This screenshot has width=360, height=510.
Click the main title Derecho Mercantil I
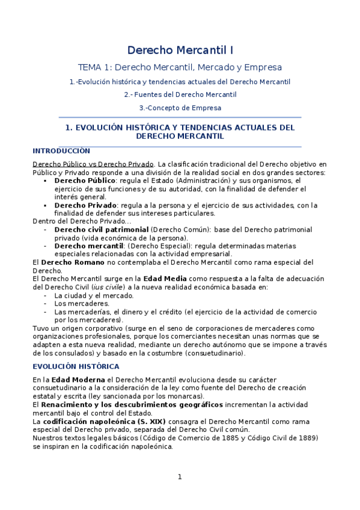pyautogui.click(x=180, y=51)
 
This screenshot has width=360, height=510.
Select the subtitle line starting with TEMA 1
pyautogui.click(x=180, y=67)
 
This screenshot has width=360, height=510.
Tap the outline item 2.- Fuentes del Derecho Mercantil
pyautogui.click(x=180, y=94)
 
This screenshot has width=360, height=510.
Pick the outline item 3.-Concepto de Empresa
pyautogui.click(x=180, y=108)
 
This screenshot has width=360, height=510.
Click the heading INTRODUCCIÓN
pyautogui.click(x=61, y=151)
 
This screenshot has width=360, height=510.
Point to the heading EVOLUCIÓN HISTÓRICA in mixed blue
pyautogui.click(x=76, y=366)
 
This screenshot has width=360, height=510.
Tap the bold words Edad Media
pyautogui.click(x=165, y=279)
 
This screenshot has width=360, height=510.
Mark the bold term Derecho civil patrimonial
pyautogui.click(x=101, y=230)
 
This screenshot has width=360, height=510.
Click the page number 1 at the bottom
pyautogui.click(x=179, y=478)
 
